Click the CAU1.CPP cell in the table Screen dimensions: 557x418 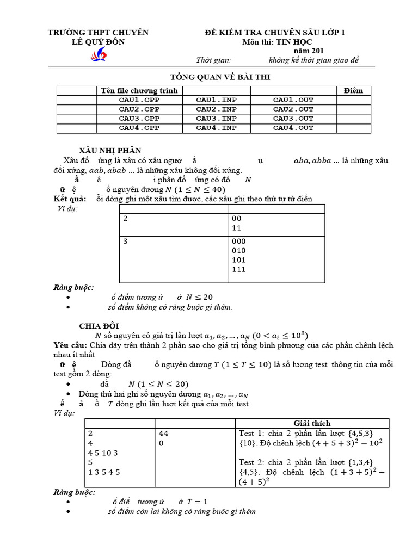pos(139,100)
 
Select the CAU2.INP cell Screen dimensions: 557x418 pos(216,109)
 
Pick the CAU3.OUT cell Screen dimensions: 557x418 pos(293,119)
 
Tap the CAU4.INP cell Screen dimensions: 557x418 pos(216,128)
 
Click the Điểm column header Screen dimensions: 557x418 pos(353,90)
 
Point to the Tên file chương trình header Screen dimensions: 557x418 pos(139,90)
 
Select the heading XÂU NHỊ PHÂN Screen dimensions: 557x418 pos(110,150)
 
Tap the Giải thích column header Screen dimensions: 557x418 pos(312,423)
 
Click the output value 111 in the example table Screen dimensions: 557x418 pos(238,269)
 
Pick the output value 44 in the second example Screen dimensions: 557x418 pos(164,434)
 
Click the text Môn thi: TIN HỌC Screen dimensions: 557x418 pos(277,42)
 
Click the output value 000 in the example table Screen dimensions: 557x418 pos(238,241)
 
